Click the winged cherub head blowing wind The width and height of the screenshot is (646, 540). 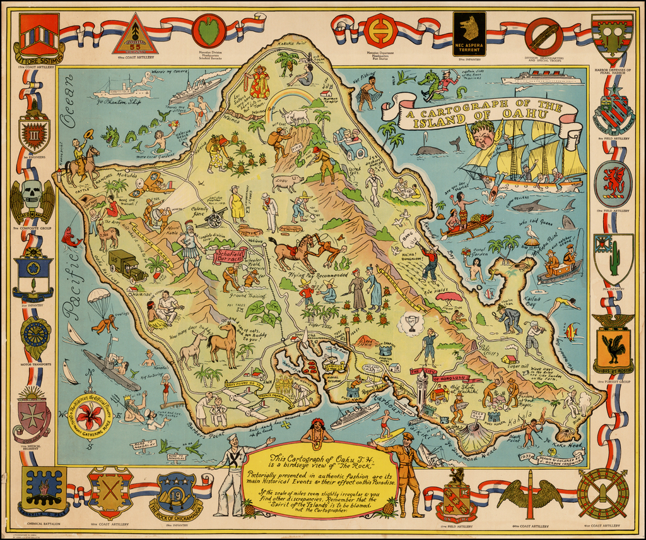[x=483, y=135]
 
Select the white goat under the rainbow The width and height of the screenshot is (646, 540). [x=295, y=116]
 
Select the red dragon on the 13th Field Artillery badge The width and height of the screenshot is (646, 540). [x=613, y=181]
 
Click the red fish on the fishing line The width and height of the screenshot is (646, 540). [x=71, y=237]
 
